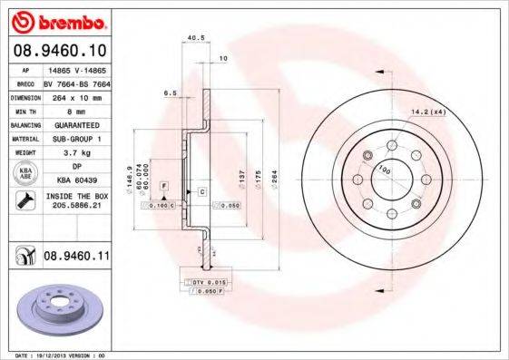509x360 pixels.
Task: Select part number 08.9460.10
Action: pyautogui.click(x=60, y=51)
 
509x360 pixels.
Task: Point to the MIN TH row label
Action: pyautogui.click(x=23, y=110)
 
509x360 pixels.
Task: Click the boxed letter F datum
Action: pyautogui.click(x=163, y=185)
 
